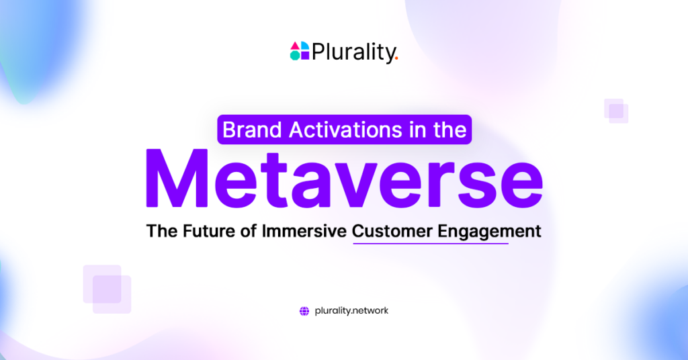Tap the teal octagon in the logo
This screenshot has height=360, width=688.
(x=295, y=56)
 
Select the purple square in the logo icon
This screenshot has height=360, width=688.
(x=304, y=56)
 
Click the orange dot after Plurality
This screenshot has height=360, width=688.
(x=396, y=58)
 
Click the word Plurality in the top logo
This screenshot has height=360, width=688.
(x=353, y=52)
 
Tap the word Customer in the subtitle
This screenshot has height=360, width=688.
(x=393, y=232)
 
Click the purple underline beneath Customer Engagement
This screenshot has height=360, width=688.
(x=430, y=243)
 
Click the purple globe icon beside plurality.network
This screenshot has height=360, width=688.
(x=304, y=311)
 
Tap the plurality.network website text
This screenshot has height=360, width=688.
(x=351, y=311)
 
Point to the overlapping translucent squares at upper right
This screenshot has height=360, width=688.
(x=615, y=111)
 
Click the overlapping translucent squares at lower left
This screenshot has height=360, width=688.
(x=107, y=289)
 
